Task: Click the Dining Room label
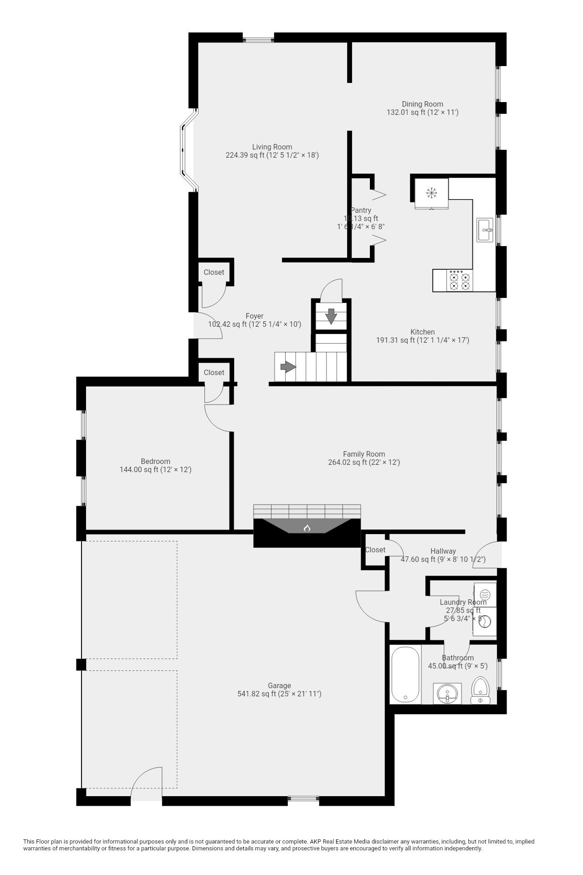tap(422, 104)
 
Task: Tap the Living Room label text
tap(272, 147)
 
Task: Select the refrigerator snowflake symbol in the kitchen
tap(431, 193)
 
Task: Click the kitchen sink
tap(485, 230)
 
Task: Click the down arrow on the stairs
tap(331, 316)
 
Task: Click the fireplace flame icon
tap(307, 528)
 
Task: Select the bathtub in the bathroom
tap(405, 675)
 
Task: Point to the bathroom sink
tap(447, 694)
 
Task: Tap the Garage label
tap(279, 685)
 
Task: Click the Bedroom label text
tap(155, 461)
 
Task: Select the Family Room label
tap(364, 454)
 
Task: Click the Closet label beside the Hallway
tap(375, 550)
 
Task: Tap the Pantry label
tap(361, 211)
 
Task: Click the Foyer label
tap(255, 316)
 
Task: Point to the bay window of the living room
tap(188, 150)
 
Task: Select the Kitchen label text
tap(422, 332)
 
